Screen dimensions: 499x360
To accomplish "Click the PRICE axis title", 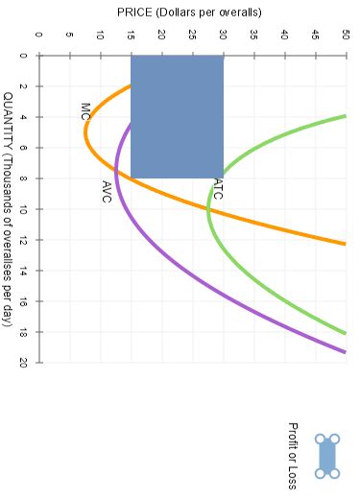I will [x=189, y=12].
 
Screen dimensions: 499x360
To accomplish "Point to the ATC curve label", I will [x=218, y=188].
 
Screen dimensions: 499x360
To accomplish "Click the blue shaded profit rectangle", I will [x=177, y=116].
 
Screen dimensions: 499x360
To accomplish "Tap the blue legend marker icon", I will [x=328, y=455].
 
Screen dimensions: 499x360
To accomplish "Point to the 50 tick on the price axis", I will [x=345, y=36].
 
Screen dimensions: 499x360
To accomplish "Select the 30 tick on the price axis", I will [x=222, y=36].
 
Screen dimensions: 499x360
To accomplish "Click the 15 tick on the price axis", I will [x=131, y=36].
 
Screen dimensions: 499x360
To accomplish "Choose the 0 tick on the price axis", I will [x=38, y=36].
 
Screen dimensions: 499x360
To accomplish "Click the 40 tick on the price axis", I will [x=284, y=36].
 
